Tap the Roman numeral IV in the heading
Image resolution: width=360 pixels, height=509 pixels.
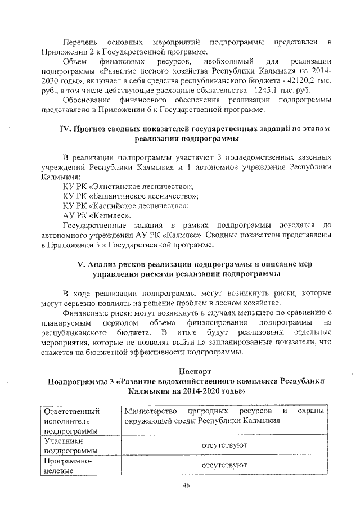65,129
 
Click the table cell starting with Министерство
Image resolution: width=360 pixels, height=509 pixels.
225,416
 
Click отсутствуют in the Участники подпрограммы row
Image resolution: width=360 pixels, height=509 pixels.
224,445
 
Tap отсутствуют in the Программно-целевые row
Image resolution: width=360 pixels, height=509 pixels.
224,465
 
